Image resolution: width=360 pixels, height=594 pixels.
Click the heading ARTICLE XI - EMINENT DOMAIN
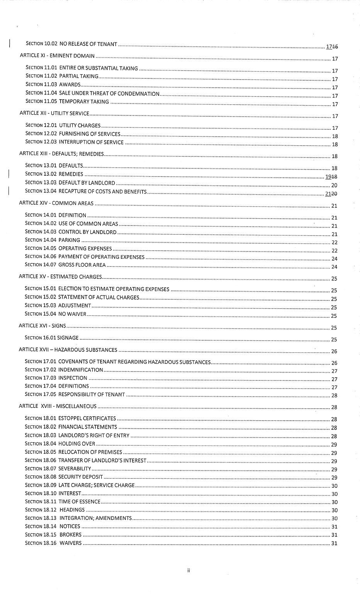(x=57, y=56)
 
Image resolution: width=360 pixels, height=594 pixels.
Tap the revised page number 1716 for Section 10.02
(x=332, y=47)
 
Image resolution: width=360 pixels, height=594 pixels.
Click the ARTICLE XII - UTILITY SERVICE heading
(x=54, y=113)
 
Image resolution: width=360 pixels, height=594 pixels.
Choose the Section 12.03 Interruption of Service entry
(x=74, y=142)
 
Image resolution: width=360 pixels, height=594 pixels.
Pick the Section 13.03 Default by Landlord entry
(x=70, y=183)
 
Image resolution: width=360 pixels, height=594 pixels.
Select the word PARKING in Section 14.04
(x=69, y=240)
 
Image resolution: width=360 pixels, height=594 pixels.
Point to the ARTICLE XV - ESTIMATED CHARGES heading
(x=60, y=277)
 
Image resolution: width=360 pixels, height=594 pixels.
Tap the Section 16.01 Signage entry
(x=51, y=338)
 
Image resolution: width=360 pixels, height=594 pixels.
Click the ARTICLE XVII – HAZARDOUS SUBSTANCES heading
(x=68, y=350)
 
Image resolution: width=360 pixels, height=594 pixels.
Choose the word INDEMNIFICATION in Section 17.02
(x=80, y=370)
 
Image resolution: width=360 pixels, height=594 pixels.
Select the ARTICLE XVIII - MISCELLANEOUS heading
(x=58, y=406)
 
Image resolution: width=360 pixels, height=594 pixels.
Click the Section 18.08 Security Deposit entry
(x=64, y=477)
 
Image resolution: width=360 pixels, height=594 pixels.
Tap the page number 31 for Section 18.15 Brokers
(x=335, y=535)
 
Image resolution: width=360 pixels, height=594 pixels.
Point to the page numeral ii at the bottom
(x=188, y=570)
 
